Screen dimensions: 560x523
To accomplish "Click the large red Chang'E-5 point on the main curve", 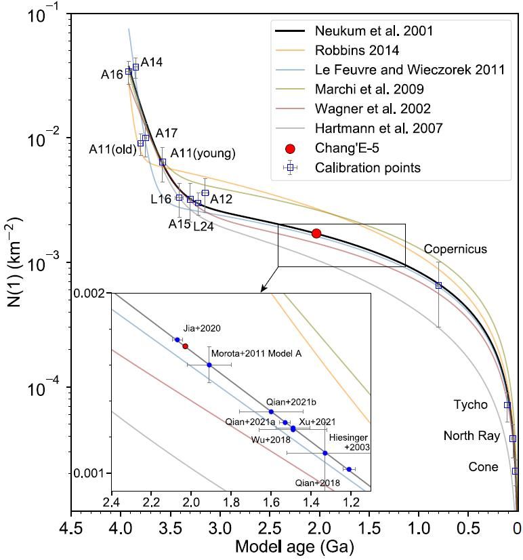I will click(316, 233).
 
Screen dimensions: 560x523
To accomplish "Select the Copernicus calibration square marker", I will click(438, 285).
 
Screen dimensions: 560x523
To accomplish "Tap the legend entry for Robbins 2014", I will click(357, 49).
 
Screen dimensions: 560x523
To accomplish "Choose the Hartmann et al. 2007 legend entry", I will click(379, 128).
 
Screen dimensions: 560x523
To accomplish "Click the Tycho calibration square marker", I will click(507, 405).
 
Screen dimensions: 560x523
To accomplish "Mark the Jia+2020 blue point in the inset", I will click(177, 340).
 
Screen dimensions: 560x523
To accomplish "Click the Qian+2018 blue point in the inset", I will click(349, 469).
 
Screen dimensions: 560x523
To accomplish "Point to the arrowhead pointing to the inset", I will click(263, 289).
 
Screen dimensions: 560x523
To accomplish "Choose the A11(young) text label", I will click(203, 153).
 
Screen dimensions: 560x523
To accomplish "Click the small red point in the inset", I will click(186, 346).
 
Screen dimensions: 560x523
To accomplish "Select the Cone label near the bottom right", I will click(483, 467).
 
